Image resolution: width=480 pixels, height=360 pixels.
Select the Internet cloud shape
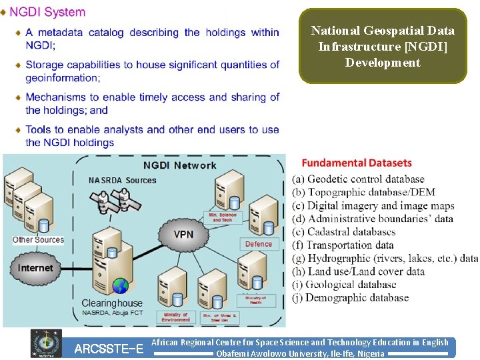click(x=35, y=268)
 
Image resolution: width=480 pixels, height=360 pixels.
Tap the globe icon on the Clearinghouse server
click(x=120, y=287)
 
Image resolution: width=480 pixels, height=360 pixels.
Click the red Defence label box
click(x=259, y=244)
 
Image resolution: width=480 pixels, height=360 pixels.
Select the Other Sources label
click(x=38, y=240)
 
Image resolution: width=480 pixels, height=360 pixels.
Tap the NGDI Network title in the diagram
click(x=179, y=165)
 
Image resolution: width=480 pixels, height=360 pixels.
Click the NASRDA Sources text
click(x=122, y=180)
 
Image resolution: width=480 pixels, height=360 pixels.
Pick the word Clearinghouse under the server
click(x=112, y=303)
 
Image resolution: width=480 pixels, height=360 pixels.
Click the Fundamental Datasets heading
click(x=357, y=163)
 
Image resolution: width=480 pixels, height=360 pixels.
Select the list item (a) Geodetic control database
click(x=358, y=179)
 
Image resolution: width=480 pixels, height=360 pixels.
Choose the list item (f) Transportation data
click(x=351, y=245)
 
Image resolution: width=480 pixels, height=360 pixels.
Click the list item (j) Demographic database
click(x=350, y=298)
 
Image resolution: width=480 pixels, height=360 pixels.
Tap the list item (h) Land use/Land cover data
click(x=358, y=272)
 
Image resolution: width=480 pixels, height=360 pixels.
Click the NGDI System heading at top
click(x=47, y=12)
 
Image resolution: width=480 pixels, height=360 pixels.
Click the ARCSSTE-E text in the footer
click(x=109, y=349)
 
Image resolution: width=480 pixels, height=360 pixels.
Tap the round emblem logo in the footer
click(x=46, y=343)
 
